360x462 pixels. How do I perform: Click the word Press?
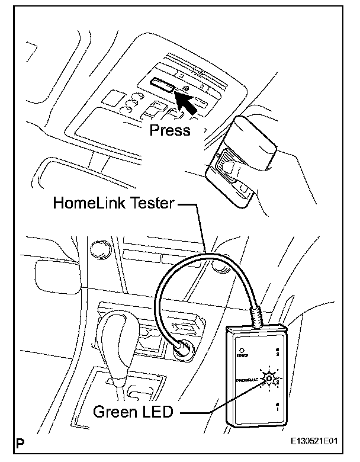click(x=170, y=130)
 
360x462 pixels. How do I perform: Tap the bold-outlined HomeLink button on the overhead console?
click(x=162, y=86)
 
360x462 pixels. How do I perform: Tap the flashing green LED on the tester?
click(x=271, y=377)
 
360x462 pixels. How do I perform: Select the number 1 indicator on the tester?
click(x=276, y=408)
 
